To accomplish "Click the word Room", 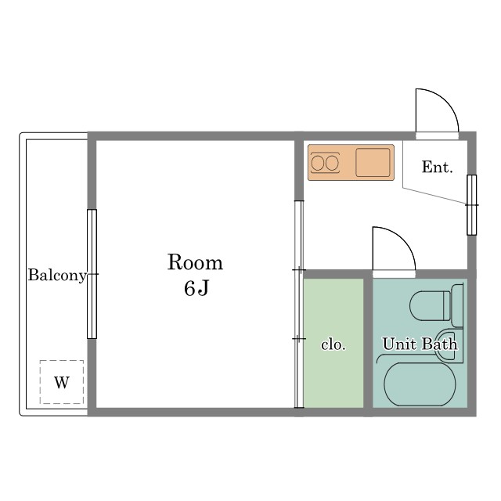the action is click(x=195, y=263).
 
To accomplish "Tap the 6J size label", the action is click(x=196, y=288).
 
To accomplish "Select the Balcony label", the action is click(x=57, y=276).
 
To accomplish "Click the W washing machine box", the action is click(x=62, y=382).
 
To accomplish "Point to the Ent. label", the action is click(x=437, y=167).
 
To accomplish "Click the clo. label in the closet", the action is click(x=333, y=344).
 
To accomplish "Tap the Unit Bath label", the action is click(x=420, y=344).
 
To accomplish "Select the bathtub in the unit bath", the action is click(x=420, y=384).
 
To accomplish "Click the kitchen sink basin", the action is click(x=373, y=162).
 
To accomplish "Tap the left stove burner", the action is click(x=318, y=163).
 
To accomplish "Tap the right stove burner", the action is click(x=332, y=163).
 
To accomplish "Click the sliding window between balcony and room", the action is click(x=92, y=274).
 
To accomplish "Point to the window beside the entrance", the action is click(x=471, y=205).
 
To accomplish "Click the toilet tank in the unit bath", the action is click(x=457, y=306).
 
